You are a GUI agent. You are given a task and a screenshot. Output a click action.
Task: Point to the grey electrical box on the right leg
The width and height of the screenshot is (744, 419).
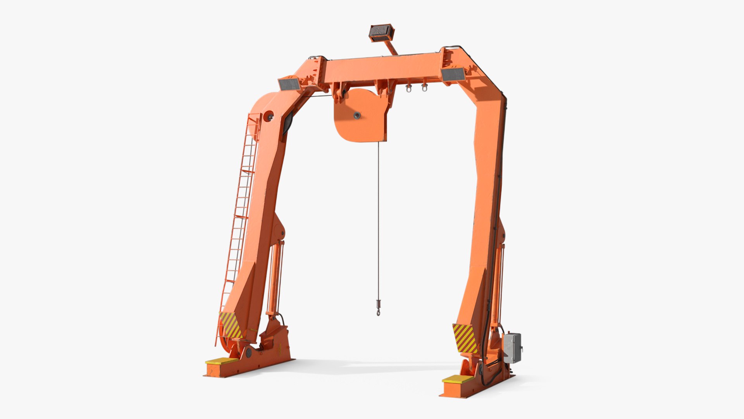coord(512,348)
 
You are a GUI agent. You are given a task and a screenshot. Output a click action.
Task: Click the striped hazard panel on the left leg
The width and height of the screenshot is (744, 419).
coord(231,325)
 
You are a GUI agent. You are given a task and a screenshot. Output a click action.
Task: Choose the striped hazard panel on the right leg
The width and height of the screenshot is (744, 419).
coord(465,338)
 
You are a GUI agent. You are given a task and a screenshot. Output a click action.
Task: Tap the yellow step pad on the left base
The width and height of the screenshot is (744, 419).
coord(221,361)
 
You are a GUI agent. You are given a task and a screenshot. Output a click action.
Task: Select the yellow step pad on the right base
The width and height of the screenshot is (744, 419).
coord(458,379)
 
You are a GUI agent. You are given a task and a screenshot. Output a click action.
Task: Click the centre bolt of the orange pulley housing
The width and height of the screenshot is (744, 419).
coord(356,115)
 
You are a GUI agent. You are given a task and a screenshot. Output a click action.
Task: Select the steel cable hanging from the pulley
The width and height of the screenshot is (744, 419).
coord(378,217)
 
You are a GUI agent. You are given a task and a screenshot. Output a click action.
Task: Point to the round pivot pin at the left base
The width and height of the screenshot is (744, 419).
coord(248,353)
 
